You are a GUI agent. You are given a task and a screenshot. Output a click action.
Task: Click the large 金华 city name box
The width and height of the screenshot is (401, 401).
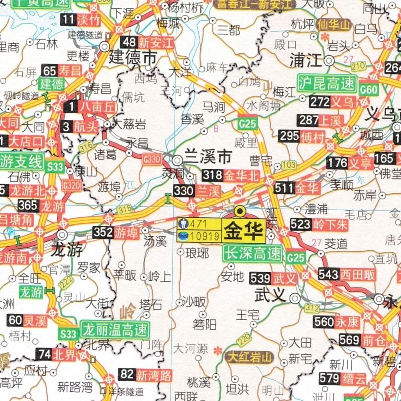[244, 231]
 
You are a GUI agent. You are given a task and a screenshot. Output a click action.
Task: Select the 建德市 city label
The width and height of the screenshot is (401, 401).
[133, 57]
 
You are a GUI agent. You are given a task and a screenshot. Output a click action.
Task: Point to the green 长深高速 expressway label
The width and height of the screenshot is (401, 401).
[252, 254]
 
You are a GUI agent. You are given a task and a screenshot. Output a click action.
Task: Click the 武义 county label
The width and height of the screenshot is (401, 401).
[270, 293]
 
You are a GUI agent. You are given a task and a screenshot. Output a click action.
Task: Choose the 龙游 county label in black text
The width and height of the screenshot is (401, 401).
[67, 250]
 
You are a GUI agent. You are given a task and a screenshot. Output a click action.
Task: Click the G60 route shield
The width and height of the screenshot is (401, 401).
[369, 90]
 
